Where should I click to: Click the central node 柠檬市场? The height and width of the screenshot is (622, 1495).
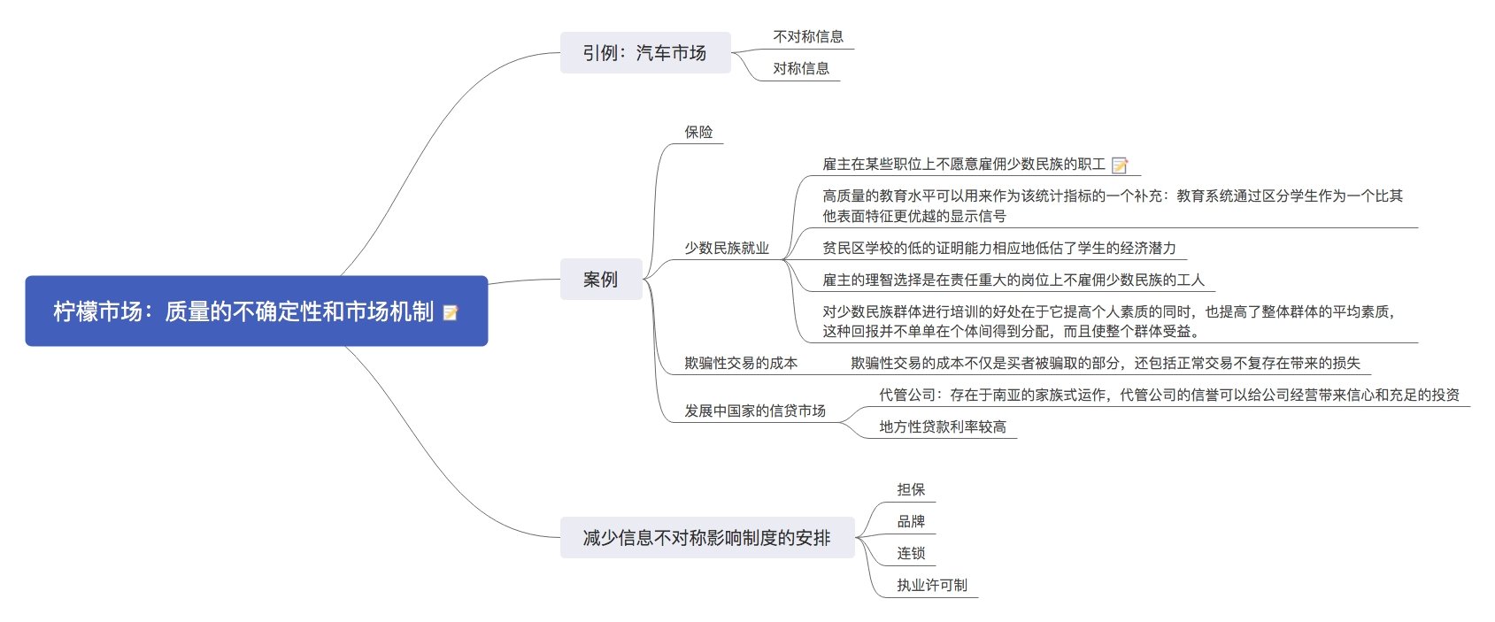coord(243,311)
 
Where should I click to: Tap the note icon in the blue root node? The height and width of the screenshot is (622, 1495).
coord(451,312)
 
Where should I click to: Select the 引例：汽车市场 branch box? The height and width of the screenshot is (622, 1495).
coord(644,53)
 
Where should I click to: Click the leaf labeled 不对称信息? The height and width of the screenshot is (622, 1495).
coord(808,37)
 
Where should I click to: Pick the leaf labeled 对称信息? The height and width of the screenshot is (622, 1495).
coord(800,69)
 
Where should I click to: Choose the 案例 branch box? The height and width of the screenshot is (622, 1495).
coord(600,280)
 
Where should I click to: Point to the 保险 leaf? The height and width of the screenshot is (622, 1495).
coord(698,133)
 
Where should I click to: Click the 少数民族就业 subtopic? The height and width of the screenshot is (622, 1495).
coord(726,249)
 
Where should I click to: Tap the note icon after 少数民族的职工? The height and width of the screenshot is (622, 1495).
coord(1120,165)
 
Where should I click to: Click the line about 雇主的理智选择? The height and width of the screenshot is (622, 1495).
coord(1013,280)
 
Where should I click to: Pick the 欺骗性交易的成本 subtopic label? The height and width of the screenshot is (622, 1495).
coord(740,364)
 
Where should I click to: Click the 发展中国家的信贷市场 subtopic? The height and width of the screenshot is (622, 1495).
coord(754,411)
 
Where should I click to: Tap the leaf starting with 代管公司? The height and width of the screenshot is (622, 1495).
coord(1168,395)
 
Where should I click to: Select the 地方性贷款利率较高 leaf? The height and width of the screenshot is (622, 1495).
coord(942,427)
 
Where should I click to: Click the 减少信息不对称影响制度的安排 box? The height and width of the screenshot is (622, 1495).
coord(706,538)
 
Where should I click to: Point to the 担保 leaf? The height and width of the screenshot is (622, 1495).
coord(910,490)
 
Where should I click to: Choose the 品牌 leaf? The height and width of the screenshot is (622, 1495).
coord(910,522)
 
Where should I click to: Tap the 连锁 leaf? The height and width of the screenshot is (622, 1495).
coord(910,554)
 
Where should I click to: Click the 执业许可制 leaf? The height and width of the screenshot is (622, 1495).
coord(931,586)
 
